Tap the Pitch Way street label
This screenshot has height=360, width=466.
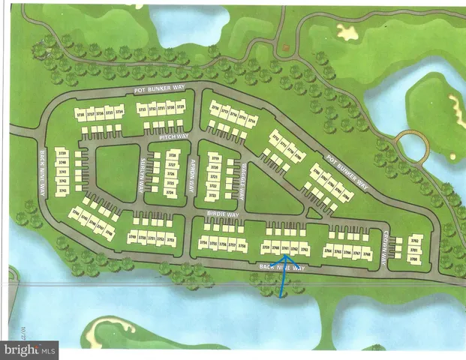(x=175, y=138)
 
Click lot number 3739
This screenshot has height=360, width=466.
(x=62, y=152)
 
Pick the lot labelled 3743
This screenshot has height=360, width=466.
(x=62, y=190)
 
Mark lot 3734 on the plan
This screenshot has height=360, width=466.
(x=119, y=113)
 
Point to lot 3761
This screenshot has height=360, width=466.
(x=285, y=248)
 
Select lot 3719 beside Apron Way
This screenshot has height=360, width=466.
(x=215, y=159)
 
